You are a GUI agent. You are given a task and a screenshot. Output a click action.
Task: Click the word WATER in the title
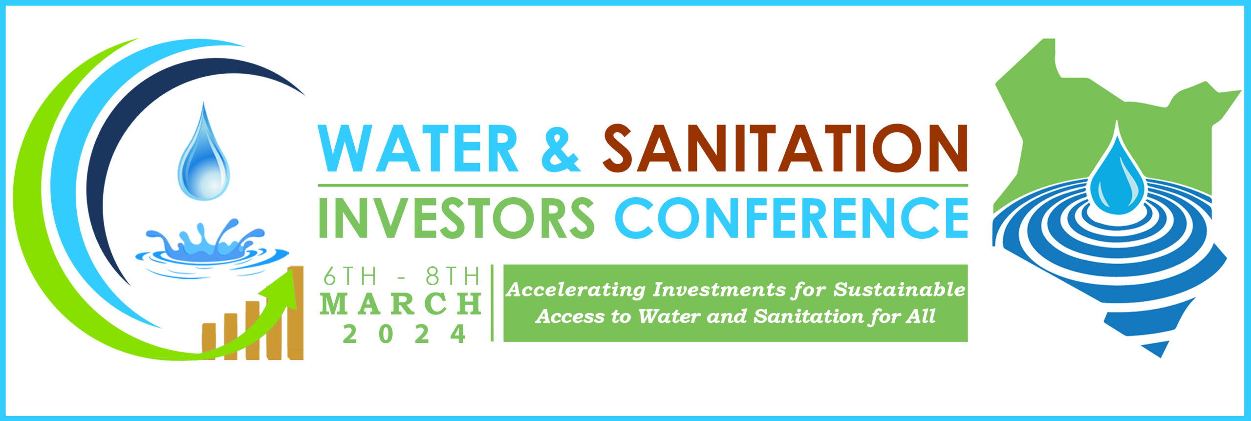[418, 148]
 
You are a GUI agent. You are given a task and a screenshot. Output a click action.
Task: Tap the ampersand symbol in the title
[561, 148]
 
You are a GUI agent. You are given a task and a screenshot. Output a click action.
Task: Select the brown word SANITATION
[785, 148]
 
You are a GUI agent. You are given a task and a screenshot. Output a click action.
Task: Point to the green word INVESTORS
[456, 217]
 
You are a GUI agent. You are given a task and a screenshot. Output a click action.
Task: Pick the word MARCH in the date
[401, 304]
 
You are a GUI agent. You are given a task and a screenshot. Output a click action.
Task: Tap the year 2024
[404, 334]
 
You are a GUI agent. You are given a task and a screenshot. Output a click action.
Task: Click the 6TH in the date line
[350, 277]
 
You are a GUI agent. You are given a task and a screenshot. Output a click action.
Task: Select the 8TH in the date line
[453, 277]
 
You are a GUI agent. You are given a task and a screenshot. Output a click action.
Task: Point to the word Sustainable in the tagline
[899, 290]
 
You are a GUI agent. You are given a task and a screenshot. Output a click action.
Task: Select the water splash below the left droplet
[212, 249]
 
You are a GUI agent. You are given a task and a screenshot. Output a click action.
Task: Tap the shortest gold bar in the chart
[209, 341]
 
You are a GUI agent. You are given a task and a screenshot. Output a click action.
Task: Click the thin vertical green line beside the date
[492, 302]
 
